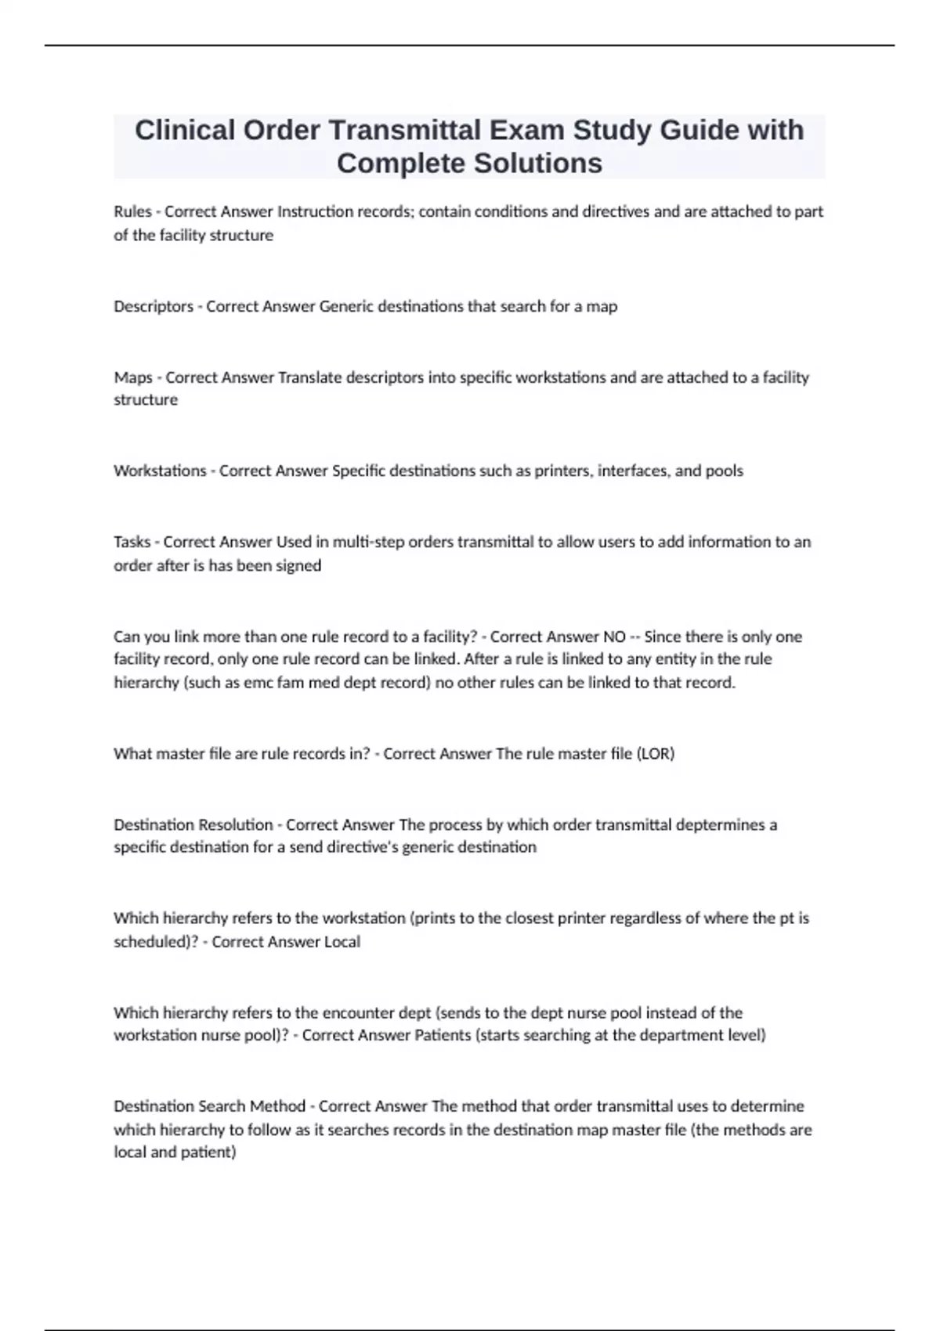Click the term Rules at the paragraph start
pos(132,211)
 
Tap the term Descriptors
pos(153,306)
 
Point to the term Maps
pos(132,377)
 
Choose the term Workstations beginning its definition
pos(160,471)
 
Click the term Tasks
pos(132,542)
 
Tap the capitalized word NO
pos(614,637)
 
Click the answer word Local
pos(342,942)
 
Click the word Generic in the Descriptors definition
pos(346,306)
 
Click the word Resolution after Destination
pos(236,824)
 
